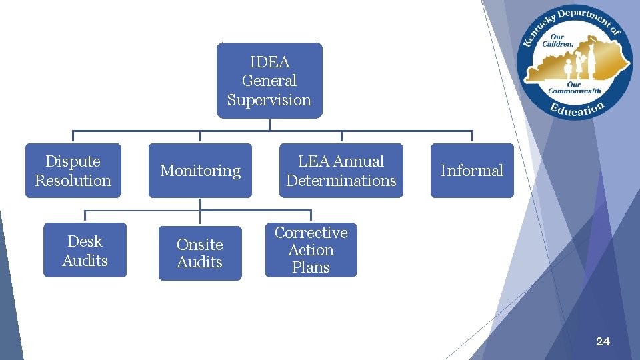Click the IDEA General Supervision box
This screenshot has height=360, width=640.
click(x=269, y=81)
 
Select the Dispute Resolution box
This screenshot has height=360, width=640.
click(x=73, y=171)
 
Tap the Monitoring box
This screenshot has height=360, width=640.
click(x=200, y=171)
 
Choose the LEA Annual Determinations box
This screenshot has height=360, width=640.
click(x=341, y=171)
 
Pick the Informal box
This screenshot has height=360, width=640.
click(x=472, y=171)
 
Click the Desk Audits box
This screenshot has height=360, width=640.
click(x=85, y=250)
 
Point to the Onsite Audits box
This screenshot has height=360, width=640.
click(x=200, y=253)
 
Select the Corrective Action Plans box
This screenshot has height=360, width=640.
click(x=311, y=250)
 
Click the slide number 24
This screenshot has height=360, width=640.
click(x=603, y=341)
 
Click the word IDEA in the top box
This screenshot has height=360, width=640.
click(x=269, y=62)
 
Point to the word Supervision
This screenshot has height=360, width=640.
click(x=269, y=100)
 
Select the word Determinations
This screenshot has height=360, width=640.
click(x=341, y=181)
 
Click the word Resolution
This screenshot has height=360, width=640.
click(x=73, y=181)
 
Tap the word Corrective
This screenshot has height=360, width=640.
click(x=311, y=233)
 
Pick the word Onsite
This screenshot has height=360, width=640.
click(x=200, y=245)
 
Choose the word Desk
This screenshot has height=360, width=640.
click(x=85, y=241)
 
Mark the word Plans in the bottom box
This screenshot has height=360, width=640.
click(x=311, y=267)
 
